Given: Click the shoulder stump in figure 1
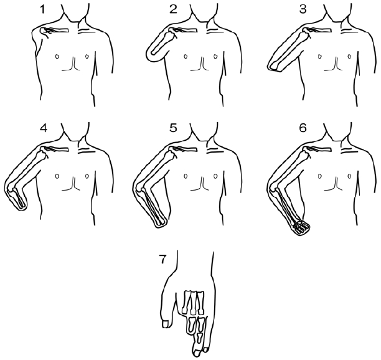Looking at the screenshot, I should point(43,32).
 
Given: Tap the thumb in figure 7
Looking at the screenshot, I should point(166,322).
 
